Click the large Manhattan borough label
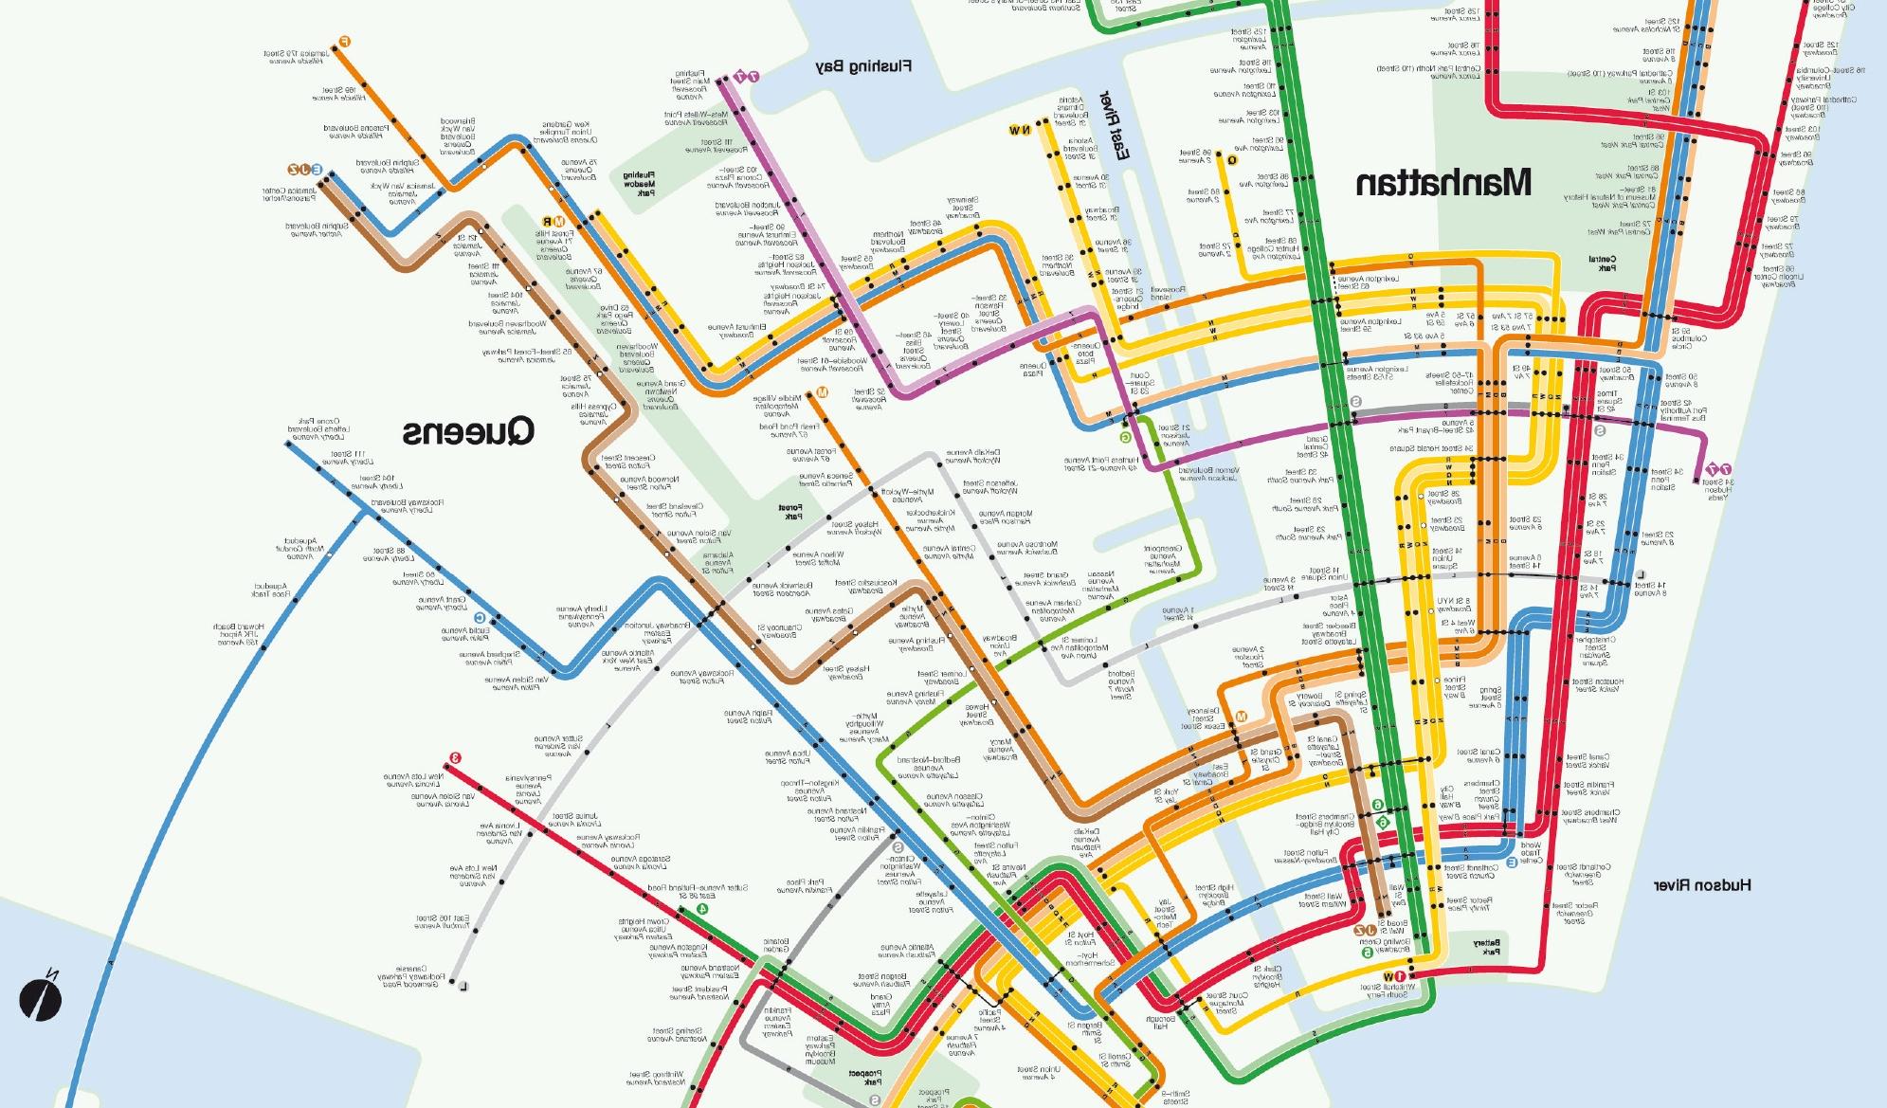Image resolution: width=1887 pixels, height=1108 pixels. click(1442, 183)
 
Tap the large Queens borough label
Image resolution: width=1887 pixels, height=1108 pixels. click(467, 433)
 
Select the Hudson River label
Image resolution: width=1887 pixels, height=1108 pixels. click(1702, 886)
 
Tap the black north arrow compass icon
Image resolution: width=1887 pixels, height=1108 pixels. click(40, 1000)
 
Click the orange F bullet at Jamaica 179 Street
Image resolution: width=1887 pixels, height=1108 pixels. click(345, 41)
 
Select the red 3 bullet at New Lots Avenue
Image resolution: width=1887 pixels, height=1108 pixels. click(455, 757)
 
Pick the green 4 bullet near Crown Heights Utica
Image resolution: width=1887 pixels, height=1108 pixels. click(701, 908)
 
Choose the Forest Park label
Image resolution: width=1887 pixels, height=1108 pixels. click(787, 513)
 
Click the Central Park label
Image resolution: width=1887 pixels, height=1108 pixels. click(1601, 264)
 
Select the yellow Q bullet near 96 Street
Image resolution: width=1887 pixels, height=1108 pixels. click(1231, 160)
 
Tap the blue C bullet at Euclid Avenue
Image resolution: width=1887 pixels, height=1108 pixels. click(480, 618)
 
